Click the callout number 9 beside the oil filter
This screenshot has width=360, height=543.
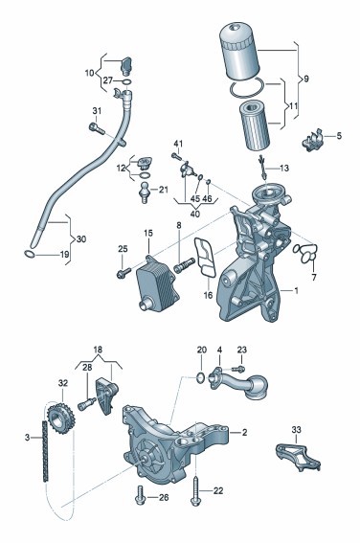pyautogui.click(x=305, y=79)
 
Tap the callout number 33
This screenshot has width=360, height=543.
pyautogui.click(x=296, y=430)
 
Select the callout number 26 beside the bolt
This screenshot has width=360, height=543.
pyautogui.click(x=164, y=498)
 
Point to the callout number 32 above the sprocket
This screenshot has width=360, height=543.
pyautogui.click(x=63, y=383)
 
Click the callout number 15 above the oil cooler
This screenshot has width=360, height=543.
pyautogui.click(x=148, y=233)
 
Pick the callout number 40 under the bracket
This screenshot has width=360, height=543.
pyautogui.click(x=195, y=214)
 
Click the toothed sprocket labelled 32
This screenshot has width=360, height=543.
pyautogui.click(x=61, y=419)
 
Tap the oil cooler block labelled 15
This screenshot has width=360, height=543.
pyautogui.click(x=157, y=290)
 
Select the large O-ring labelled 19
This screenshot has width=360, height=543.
pyautogui.click(x=30, y=254)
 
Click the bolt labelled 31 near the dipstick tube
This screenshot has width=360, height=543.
pyautogui.click(x=97, y=129)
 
